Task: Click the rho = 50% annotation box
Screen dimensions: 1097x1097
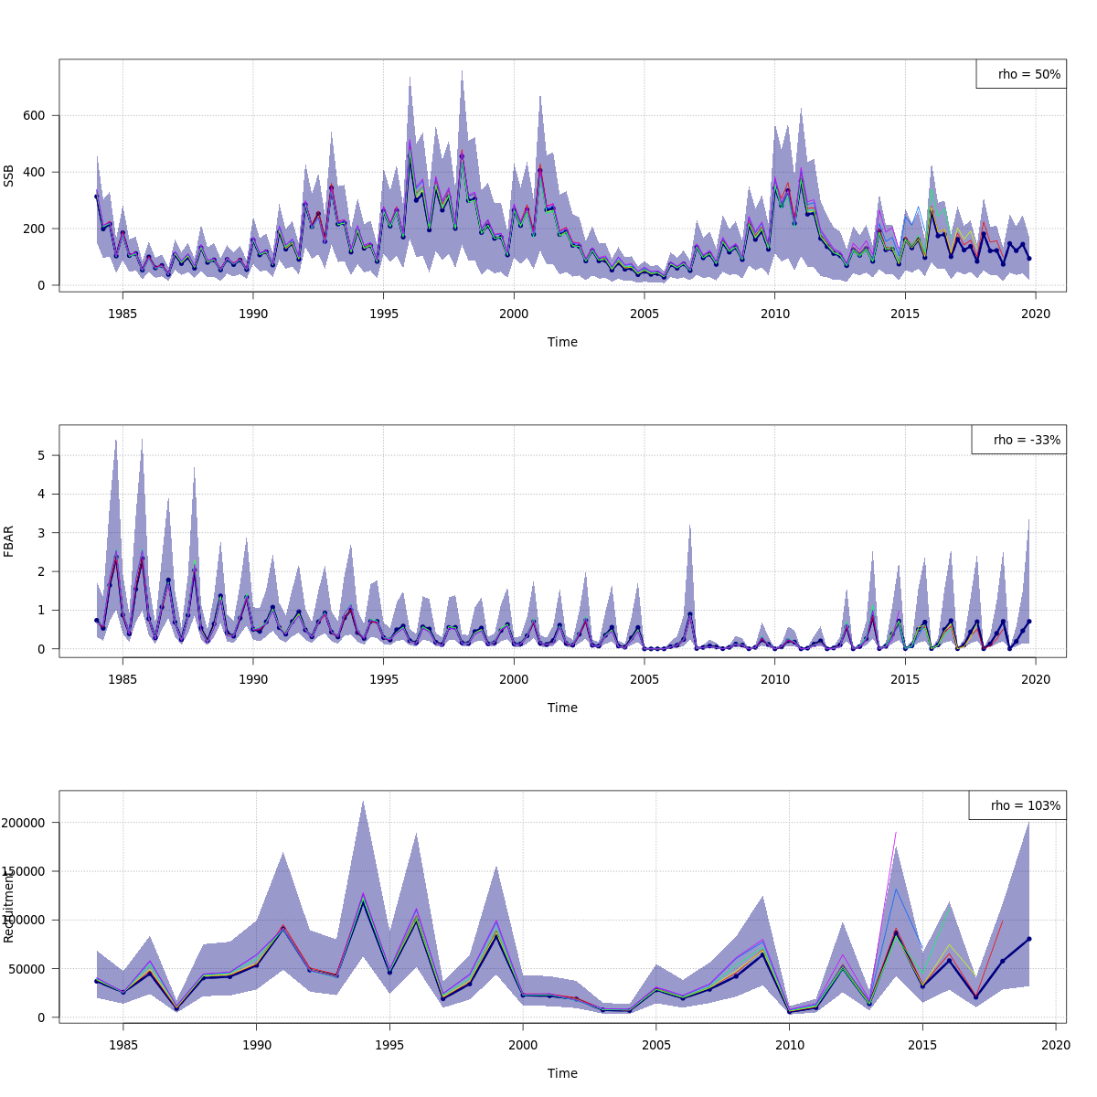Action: (x=1021, y=74)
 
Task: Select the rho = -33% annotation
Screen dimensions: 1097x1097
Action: (x=1018, y=440)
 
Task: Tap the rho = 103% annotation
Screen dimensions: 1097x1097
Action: (x=1017, y=805)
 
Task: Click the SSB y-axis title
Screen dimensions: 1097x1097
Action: (x=9, y=176)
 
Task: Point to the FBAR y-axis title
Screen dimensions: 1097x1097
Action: (x=9, y=541)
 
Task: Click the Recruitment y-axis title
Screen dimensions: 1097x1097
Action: (x=9, y=907)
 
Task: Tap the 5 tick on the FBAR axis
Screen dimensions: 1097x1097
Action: (x=42, y=455)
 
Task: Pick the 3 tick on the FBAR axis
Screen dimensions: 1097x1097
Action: (x=42, y=533)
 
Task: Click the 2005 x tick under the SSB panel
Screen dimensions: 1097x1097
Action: (x=644, y=313)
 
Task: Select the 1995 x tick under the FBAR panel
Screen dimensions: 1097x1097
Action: (x=384, y=678)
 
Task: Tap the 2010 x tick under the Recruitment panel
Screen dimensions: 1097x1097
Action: (x=789, y=1044)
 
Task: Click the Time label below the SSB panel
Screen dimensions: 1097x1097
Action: (x=562, y=342)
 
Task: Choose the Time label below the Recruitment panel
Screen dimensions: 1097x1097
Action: (x=562, y=1073)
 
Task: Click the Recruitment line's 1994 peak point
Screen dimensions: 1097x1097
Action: (x=363, y=900)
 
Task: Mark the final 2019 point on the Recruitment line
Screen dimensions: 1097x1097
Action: (x=1028, y=939)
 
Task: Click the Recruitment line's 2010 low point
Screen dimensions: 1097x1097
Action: (x=789, y=1012)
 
